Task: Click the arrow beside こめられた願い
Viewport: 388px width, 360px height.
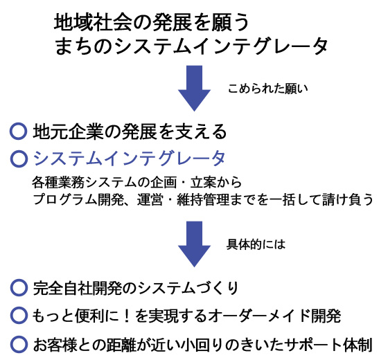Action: [x=194, y=88]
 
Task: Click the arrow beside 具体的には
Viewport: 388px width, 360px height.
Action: [x=194, y=244]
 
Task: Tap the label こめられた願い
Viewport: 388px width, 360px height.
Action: [x=267, y=89]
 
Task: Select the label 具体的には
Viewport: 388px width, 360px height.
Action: [x=256, y=244]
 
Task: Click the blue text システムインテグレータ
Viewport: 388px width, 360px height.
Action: [x=129, y=159]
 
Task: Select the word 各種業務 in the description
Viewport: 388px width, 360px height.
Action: [x=58, y=183]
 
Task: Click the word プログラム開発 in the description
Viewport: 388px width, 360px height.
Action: [x=78, y=199]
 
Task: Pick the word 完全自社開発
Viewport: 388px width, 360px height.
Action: [x=78, y=288]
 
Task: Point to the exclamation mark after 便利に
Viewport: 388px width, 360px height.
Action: [x=127, y=316]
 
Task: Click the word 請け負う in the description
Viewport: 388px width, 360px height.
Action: [x=348, y=199]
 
